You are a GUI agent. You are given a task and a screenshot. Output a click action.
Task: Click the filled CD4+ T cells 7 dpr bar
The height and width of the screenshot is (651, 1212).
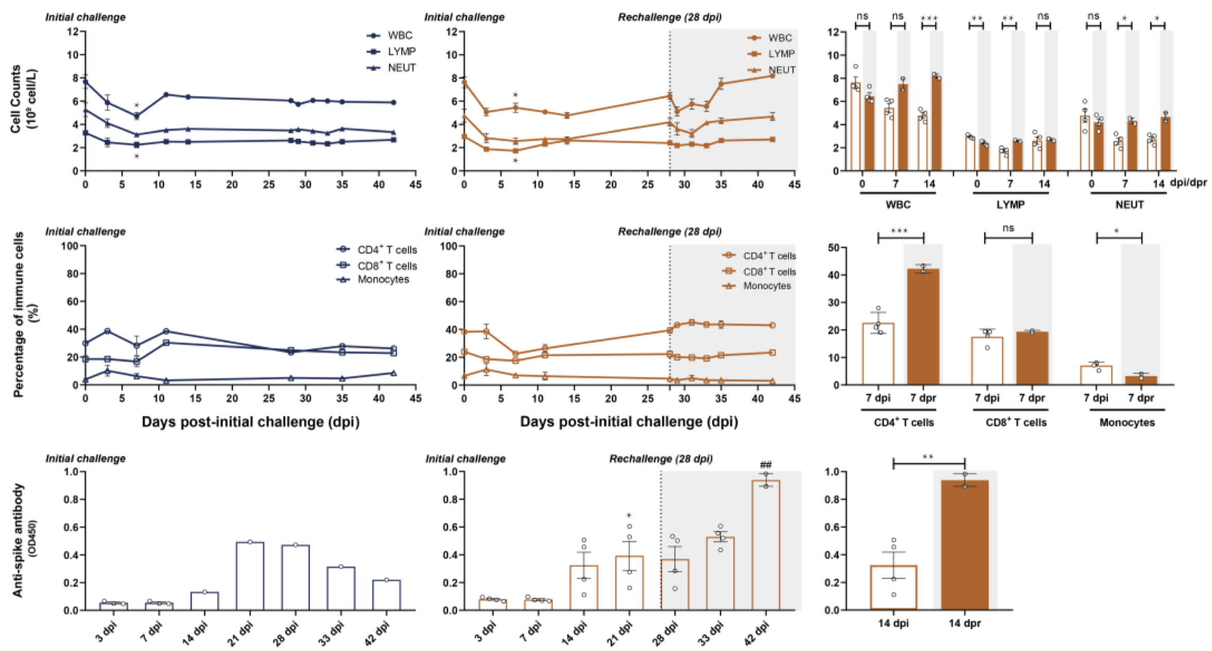tap(923, 327)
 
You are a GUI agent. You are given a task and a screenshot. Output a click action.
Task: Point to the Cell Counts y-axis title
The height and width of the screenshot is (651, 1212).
tap(23, 99)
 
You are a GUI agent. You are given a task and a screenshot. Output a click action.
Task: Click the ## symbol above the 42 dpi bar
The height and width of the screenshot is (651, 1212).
tap(766, 465)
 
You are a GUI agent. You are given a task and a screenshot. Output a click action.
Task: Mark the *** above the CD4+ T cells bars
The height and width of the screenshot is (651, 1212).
tap(900, 231)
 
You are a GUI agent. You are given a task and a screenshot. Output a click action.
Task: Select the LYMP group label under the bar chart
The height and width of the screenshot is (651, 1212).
tap(1010, 205)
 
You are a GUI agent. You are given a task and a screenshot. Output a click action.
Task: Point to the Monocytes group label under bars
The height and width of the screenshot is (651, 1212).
tap(1127, 422)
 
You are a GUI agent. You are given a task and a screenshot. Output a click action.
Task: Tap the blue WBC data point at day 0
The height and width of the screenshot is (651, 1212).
tap(86, 82)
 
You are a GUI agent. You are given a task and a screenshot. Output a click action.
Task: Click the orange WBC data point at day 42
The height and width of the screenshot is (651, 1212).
tap(772, 76)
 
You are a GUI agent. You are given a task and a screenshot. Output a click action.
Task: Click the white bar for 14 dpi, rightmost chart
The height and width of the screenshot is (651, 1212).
tap(893, 588)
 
